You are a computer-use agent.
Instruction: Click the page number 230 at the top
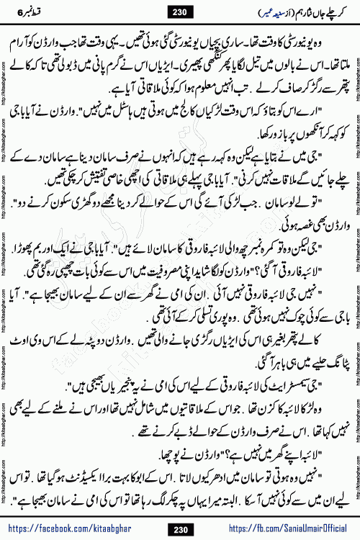179,11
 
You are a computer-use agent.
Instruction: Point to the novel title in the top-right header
320,12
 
